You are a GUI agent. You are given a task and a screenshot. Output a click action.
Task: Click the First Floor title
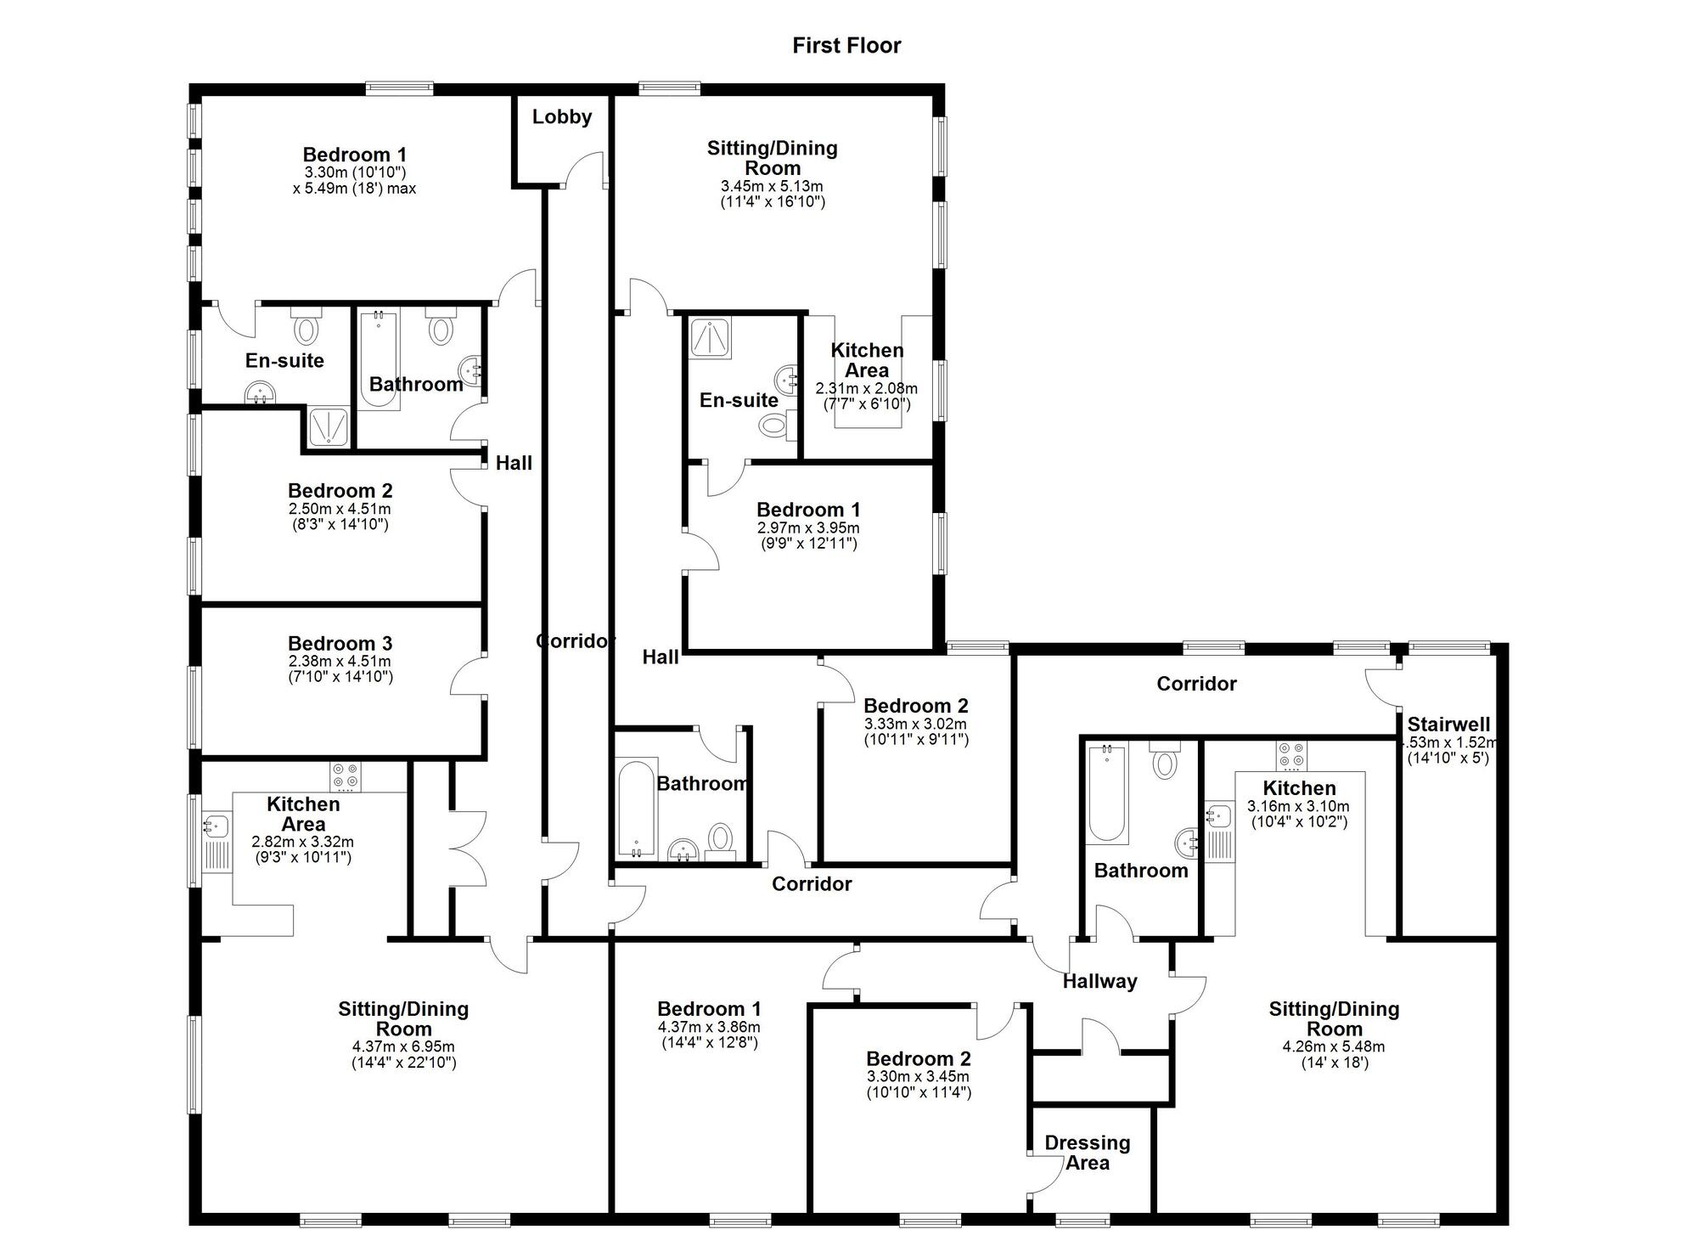click(846, 46)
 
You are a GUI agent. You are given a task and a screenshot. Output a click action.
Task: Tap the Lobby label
click(561, 117)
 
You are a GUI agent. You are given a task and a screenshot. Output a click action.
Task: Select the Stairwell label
click(1448, 725)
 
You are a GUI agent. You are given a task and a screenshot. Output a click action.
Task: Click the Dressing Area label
click(1087, 1153)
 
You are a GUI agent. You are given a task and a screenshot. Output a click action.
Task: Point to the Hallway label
click(1099, 981)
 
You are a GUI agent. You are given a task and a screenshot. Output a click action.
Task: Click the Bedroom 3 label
click(340, 644)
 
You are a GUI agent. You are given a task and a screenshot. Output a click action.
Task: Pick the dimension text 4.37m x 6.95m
click(403, 1046)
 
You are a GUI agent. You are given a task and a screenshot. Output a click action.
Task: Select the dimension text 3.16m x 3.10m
click(1298, 806)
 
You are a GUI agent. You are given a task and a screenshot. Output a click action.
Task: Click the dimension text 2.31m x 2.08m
click(866, 388)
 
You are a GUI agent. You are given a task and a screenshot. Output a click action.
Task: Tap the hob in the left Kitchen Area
click(346, 776)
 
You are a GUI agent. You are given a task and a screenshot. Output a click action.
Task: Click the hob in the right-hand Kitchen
click(1291, 756)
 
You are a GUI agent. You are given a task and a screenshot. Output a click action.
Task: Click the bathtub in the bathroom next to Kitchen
click(1107, 793)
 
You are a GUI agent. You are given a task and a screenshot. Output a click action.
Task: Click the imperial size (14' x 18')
click(1335, 1063)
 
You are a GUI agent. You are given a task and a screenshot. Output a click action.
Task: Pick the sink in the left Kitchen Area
click(216, 826)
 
